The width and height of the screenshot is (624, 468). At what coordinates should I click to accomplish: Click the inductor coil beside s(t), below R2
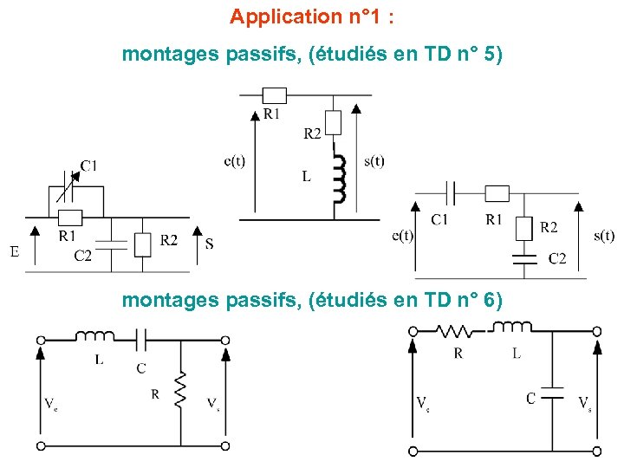[339, 176]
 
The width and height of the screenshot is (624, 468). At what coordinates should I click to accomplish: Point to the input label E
[15, 252]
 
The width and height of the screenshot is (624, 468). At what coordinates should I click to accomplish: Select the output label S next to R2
[209, 244]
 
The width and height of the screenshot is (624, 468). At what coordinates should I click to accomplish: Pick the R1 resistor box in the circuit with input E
[69, 217]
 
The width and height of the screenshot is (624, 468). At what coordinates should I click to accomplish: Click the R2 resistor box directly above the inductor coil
[333, 123]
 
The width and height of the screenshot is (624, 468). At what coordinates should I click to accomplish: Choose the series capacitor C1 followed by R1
[450, 192]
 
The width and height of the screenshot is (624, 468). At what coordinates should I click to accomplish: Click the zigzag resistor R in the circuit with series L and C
[182, 390]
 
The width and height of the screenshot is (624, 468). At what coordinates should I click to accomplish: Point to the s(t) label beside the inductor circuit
[374, 160]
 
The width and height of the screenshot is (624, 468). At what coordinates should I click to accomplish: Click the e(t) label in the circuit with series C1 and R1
[402, 235]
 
